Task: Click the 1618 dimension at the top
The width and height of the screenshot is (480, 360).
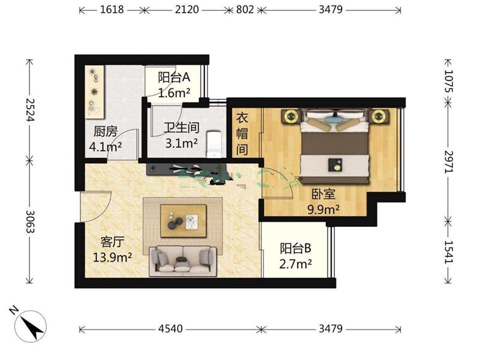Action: pos(112,10)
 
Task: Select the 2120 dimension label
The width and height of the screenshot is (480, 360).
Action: pos(187,10)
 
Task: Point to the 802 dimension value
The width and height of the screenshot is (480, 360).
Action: pos(245,10)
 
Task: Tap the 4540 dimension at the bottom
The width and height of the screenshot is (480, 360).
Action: pos(170,329)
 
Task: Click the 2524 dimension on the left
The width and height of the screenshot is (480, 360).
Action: pos(29,109)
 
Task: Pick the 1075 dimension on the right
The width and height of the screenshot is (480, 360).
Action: pos(448,81)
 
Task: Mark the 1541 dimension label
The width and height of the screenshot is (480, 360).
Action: pos(448,251)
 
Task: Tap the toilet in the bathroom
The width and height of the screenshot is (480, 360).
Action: pos(214,144)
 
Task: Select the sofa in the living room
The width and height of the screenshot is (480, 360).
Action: pos(183,260)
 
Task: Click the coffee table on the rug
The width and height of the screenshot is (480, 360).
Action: pos(184,221)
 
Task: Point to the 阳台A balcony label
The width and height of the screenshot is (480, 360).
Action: pos(174,77)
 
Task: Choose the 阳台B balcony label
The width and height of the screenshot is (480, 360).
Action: pos(295,248)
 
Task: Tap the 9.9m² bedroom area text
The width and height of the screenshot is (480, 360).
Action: pos(323,209)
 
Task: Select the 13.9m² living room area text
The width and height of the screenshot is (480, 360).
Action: pos(112,257)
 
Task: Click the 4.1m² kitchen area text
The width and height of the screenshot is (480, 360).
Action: pos(106,147)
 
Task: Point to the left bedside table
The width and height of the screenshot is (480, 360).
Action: pos(290,116)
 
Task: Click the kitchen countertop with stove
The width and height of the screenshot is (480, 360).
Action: pos(95,92)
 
